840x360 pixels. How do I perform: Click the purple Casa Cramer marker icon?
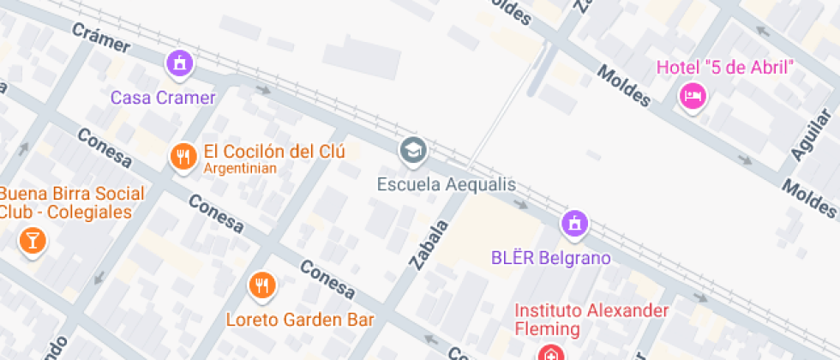179,63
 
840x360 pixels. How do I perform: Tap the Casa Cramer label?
163,97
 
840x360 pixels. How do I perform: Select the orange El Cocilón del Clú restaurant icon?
182,156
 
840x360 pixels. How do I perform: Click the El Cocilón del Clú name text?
273,152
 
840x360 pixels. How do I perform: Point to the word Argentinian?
240,169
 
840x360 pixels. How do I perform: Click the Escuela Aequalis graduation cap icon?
413,150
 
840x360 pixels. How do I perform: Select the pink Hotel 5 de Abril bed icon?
692,95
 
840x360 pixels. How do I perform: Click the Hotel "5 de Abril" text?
725,67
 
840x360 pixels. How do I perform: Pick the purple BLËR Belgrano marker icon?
573,225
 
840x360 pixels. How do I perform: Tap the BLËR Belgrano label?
550,257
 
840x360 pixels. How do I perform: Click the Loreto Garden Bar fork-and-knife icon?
262,285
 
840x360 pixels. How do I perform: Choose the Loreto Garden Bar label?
300,320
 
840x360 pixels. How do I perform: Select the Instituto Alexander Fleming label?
591,319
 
